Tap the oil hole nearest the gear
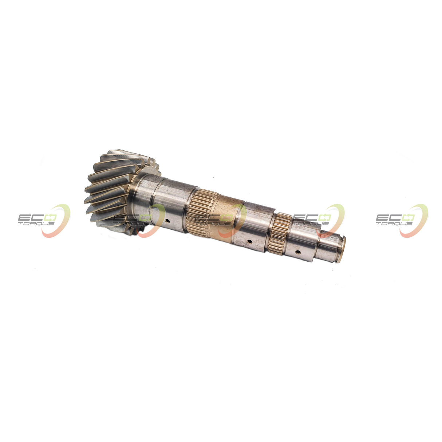168,221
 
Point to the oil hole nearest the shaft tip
298,252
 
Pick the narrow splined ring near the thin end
278,233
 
